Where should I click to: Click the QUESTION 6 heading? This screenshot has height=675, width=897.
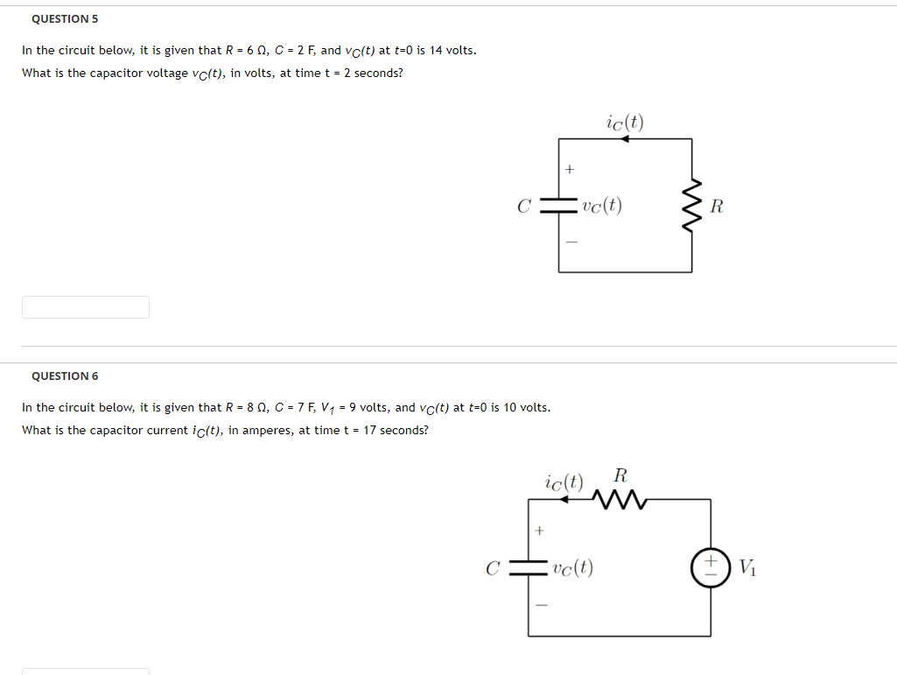coord(65,376)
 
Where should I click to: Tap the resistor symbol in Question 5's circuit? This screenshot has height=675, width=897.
coord(692,207)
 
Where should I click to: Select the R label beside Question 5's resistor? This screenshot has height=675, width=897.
coord(717,207)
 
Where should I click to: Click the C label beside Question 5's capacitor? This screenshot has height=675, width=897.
coord(524,207)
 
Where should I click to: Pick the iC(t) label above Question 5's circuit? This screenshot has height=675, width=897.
coord(624,123)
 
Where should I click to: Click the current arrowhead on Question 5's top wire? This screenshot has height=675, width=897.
coord(624,138)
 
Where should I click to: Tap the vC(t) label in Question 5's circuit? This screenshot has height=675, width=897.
coord(601,207)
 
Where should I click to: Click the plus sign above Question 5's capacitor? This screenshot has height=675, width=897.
coord(569,169)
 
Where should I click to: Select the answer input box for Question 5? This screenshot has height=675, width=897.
coord(86,307)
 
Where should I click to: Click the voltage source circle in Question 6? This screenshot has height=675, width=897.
coord(710,567)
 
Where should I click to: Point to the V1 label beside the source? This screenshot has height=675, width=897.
coord(746,567)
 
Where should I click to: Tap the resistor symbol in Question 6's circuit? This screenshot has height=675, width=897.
coord(619,500)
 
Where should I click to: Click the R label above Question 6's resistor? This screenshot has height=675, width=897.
coord(620,476)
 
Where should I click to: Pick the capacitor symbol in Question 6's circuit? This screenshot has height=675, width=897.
coord(529,567)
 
